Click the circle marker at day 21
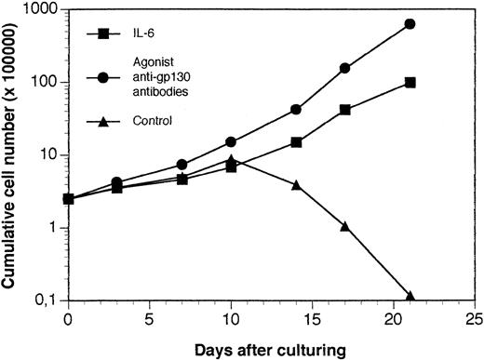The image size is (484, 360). (x=410, y=24)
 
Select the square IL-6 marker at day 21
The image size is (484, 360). (x=410, y=83)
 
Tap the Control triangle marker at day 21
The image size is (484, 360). (x=410, y=296)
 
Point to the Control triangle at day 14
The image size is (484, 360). (x=296, y=185)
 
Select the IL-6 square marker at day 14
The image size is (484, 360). (x=296, y=142)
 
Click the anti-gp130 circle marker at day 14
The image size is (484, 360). (x=296, y=109)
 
